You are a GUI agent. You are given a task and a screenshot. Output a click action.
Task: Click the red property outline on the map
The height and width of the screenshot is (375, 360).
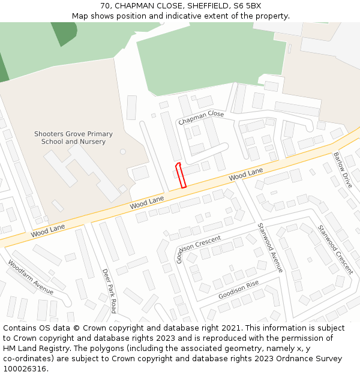tap(180, 175)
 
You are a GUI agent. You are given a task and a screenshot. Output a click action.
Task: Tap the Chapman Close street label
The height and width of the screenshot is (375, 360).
tap(201, 118)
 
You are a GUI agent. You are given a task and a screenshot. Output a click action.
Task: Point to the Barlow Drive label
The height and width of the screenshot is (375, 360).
tap(343, 170)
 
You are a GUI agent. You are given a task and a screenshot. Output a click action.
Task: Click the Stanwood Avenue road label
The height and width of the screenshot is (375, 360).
tap(269, 247)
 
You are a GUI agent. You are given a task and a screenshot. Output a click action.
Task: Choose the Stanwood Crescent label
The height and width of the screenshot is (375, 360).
tap(335, 250)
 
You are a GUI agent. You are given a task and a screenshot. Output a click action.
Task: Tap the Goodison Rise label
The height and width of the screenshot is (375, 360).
tap(238, 290)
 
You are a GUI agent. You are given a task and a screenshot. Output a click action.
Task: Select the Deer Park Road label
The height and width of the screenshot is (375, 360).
tap(109, 290)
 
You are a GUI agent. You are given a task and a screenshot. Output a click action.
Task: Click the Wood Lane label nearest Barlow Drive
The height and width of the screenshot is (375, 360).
tap(246, 176)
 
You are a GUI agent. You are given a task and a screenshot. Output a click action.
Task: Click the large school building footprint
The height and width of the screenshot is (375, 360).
tap(84, 171)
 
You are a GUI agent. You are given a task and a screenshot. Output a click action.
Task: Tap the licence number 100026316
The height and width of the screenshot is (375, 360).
tap(25, 368)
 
